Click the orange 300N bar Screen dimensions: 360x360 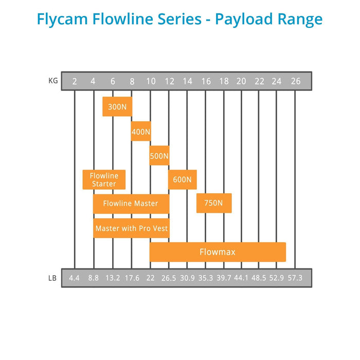[x=117, y=106]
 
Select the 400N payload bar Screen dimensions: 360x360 [x=141, y=131]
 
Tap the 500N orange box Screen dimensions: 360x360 [x=159, y=155]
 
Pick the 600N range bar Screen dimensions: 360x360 [x=183, y=179]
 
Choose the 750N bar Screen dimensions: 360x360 [x=213, y=203]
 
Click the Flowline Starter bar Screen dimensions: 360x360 [x=104, y=179]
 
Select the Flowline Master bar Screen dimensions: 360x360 [x=131, y=204]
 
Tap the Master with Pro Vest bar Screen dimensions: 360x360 [x=132, y=228]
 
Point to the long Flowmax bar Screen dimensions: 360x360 [x=218, y=252]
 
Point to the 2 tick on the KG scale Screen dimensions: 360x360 [x=75, y=81]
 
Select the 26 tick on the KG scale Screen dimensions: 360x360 [x=295, y=81]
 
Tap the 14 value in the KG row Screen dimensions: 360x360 [x=187, y=81]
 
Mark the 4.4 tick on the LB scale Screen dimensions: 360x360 [x=74, y=278]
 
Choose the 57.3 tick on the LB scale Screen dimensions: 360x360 [x=295, y=278]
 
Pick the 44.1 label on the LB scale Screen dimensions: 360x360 [x=241, y=278]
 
